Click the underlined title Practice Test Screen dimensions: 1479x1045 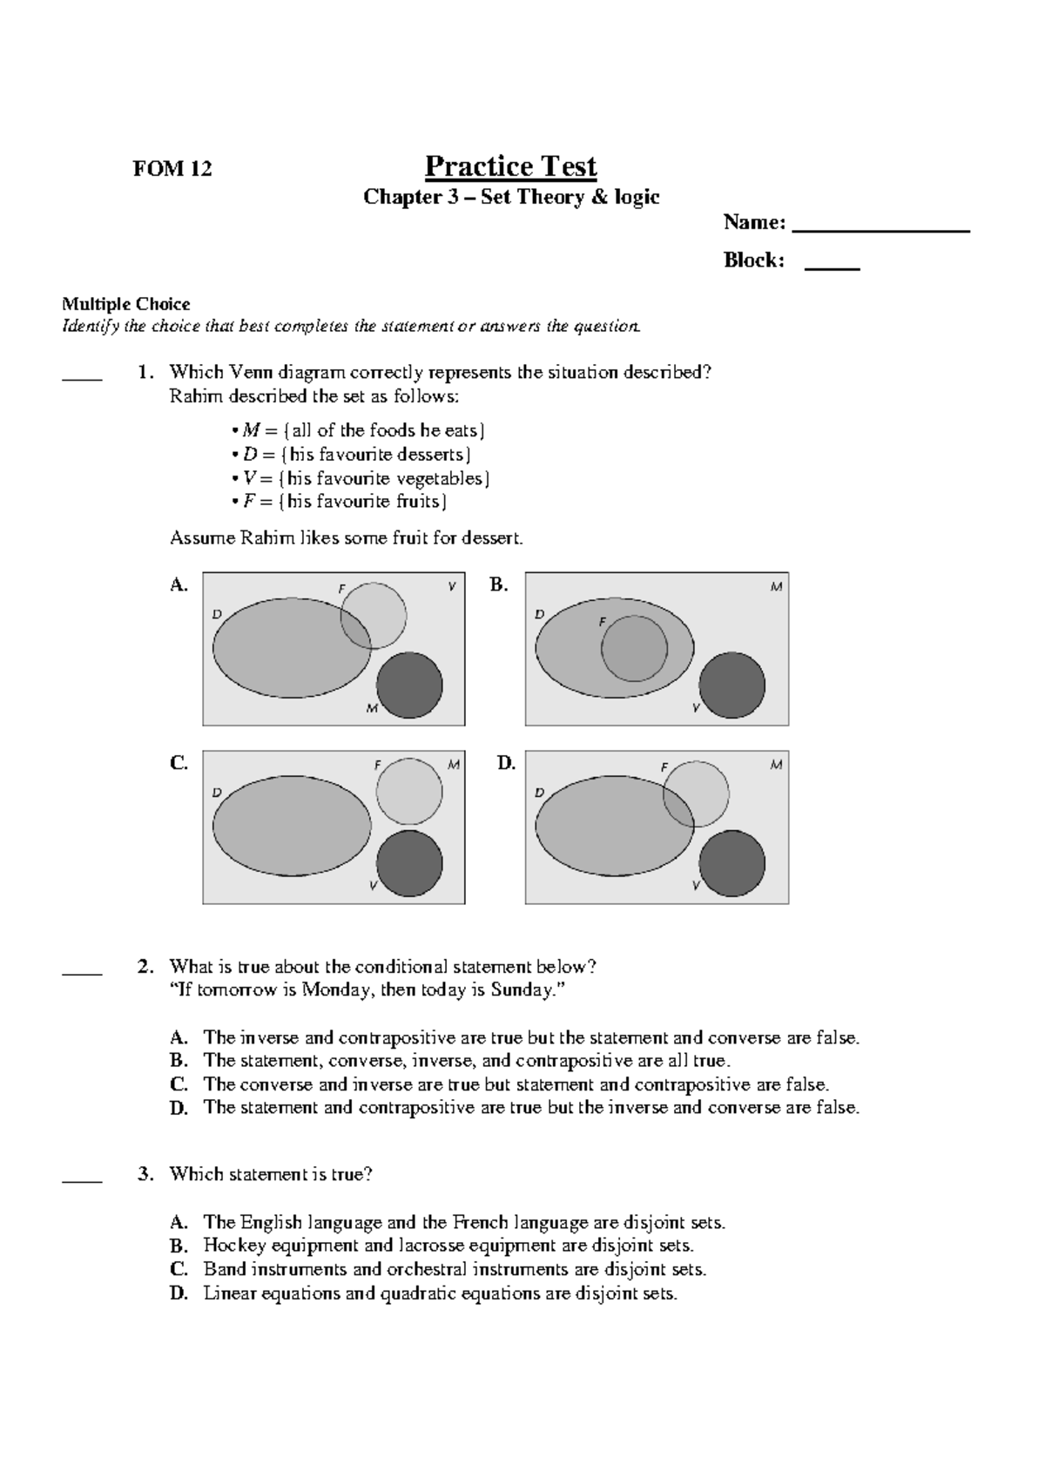pyautogui.click(x=510, y=166)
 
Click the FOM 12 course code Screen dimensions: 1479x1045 pyautogui.click(x=172, y=169)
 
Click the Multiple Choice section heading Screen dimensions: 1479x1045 pyautogui.click(x=125, y=304)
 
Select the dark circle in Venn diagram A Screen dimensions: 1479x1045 pyautogui.click(x=409, y=685)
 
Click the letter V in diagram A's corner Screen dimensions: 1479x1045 pyautogui.click(x=451, y=586)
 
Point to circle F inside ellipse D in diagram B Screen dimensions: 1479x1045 pyautogui.click(x=634, y=649)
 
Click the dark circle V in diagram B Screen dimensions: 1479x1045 pyautogui.click(x=731, y=685)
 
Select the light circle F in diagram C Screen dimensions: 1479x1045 pyautogui.click(x=409, y=791)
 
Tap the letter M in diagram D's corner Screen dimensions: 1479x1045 pyautogui.click(x=776, y=765)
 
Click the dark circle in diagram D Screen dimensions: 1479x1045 pyautogui.click(x=731, y=863)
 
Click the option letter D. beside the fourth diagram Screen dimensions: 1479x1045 pyautogui.click(x=506, y=763)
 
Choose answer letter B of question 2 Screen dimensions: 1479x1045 pyautogui.click(x=179, y=1061)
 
